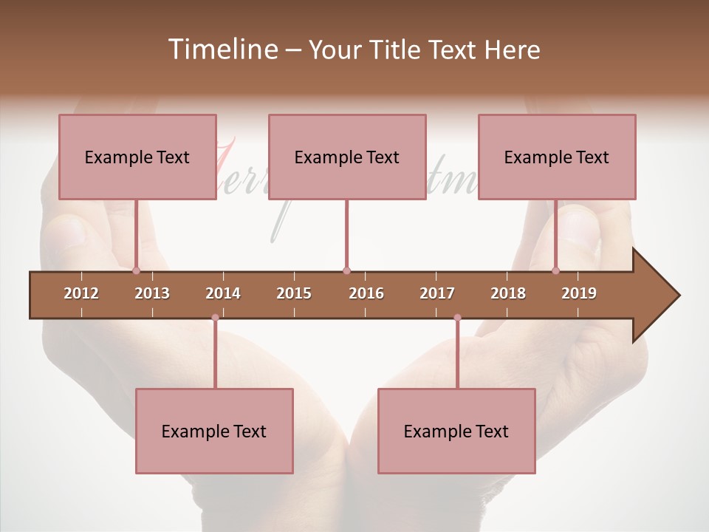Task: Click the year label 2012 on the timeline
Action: click(81, 293)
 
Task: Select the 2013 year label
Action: click(152, 293)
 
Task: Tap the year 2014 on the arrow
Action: click(223, 293)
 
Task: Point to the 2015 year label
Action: click(294, 293)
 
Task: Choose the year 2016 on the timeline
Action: click(366, 293)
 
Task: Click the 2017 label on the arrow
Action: click(437, 293)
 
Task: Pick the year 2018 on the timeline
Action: click(508, 293)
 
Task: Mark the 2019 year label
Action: click(579, 293)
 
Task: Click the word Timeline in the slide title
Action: click(222, 50)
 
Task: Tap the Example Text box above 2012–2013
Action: click(137, 157)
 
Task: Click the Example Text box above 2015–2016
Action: click(347, 157)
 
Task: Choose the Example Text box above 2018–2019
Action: click(557, 157)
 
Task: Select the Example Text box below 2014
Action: click(214, 431)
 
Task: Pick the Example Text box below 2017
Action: click(456, 431)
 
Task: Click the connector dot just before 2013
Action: click(137, 271)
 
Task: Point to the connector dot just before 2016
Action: click(346, 271)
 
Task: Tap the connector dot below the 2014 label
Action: click(215, 318)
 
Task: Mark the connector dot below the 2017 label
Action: click(457, 318)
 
